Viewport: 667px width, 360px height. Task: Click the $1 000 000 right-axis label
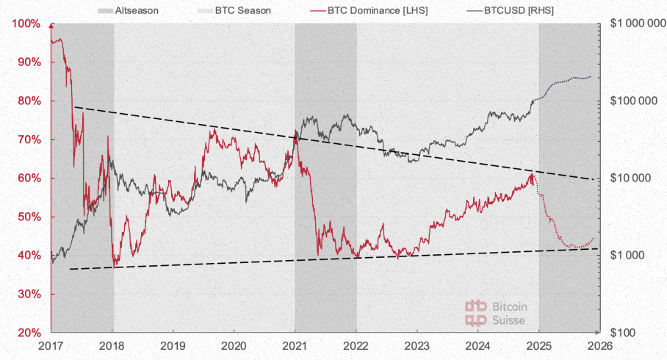point(636,24)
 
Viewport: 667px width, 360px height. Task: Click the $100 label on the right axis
point(627,333)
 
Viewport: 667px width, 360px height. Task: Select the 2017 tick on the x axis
point(51,345)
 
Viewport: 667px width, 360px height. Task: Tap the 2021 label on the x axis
point(295,345)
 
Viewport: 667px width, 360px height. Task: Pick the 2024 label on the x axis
point(478,345)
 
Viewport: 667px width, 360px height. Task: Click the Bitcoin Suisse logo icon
point(476,312)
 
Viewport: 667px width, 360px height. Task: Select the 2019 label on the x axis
point(173,345)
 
